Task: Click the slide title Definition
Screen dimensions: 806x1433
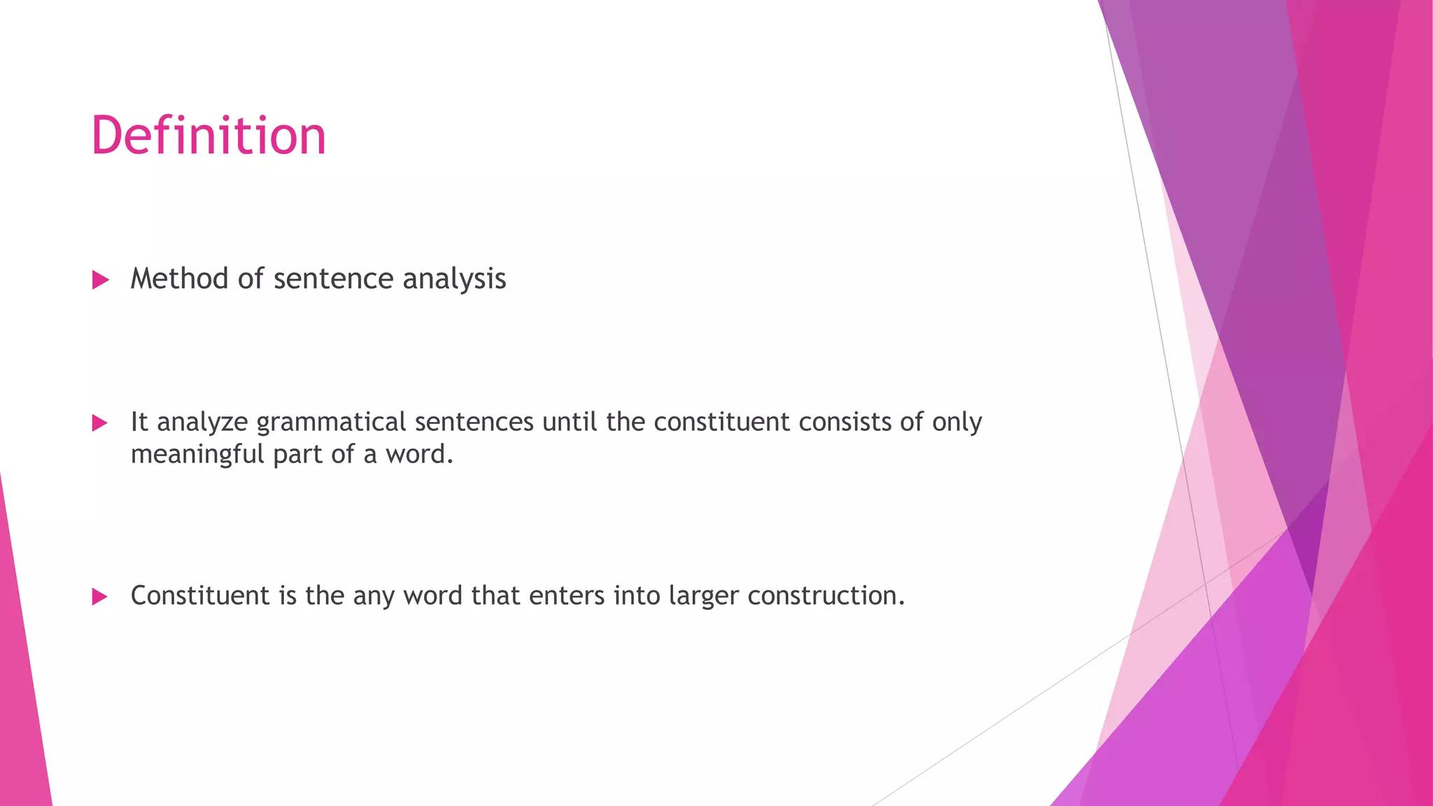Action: pyautogui.click(x=209, y=135)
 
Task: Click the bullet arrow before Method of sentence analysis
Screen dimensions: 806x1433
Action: pyautogui.click(x=101, y=281)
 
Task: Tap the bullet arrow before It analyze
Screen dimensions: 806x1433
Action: pyautogui.click(x=100, y=423)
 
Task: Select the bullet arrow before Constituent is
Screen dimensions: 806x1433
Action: pyautogui.click(x=100, y=597)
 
